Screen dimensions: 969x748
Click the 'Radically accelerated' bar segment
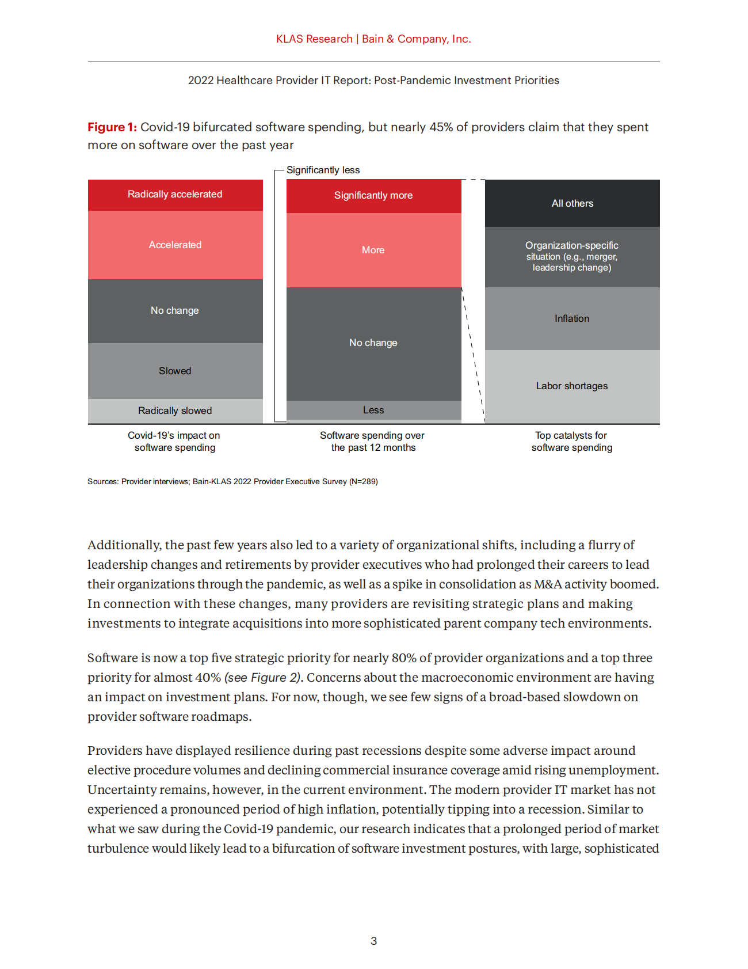tap(175, 195)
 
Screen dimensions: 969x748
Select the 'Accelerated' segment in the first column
tap(175, 245)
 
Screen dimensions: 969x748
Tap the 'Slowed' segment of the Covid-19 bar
tap(175, 371)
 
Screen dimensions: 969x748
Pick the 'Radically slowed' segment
tap(175, 411)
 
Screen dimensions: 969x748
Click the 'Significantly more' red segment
tap(373, 196)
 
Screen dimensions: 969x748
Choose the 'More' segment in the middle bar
tap(373, 250)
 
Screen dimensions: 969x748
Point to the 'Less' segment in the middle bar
tap(373, 410)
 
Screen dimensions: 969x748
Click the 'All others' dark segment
tap(572, 203)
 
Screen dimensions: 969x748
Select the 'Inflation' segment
tap(572, 318)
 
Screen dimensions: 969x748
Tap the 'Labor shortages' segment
tap(572, 386)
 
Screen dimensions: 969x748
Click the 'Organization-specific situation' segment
tap(572, 257)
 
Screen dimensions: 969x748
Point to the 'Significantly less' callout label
tap(323, 170)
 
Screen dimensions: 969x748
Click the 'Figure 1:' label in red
tap(112, 127)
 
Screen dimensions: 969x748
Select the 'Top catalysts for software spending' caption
tap(572, 442)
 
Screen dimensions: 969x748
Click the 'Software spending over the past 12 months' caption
tap(373, 442)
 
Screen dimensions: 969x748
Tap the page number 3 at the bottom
tap(374, 941)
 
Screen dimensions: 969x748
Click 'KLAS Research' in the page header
tap(314, 39)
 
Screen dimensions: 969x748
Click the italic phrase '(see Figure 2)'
tap(263, 678)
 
